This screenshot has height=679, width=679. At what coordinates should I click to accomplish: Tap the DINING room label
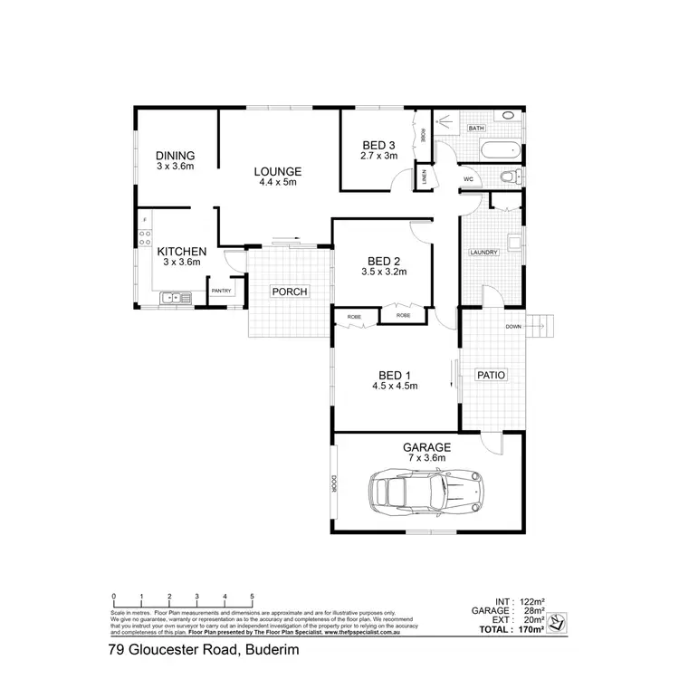175,156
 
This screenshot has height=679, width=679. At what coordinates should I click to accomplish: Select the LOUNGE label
277,171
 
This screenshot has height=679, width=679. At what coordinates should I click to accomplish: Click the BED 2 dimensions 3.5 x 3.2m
384,271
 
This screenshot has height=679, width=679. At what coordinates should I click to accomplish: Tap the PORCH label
291,292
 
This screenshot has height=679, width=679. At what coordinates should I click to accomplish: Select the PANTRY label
222,291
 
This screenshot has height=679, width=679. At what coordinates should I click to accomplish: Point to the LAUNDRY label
483,253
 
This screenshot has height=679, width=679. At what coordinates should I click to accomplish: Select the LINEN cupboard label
426,177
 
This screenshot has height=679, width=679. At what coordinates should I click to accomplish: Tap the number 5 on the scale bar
252,597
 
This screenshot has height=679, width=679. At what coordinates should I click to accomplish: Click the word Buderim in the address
267,650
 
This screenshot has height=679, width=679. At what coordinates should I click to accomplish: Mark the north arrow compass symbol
559,621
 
